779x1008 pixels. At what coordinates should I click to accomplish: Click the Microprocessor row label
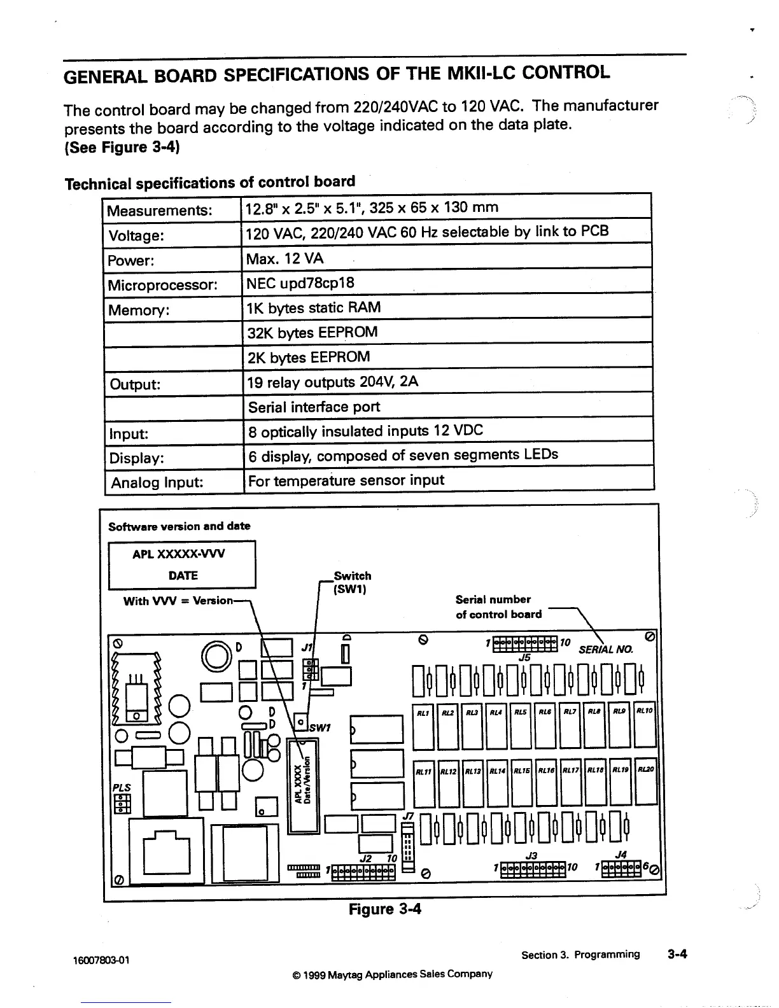tap(162, 284)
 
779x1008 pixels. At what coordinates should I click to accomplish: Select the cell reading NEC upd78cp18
tap(300, 283)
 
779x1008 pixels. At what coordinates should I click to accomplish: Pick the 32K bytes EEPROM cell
tap(312, 332)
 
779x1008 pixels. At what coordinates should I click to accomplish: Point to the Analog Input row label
tap(157, 482)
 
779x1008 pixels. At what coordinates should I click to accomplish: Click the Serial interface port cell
tap(314, 407)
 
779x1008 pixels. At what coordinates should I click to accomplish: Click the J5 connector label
tap(524, 657)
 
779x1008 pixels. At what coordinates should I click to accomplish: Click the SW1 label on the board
tap(318, 727)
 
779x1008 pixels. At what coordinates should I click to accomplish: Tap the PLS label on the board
tap(121, 787)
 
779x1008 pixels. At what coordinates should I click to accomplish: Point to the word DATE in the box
tap(183, 575)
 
